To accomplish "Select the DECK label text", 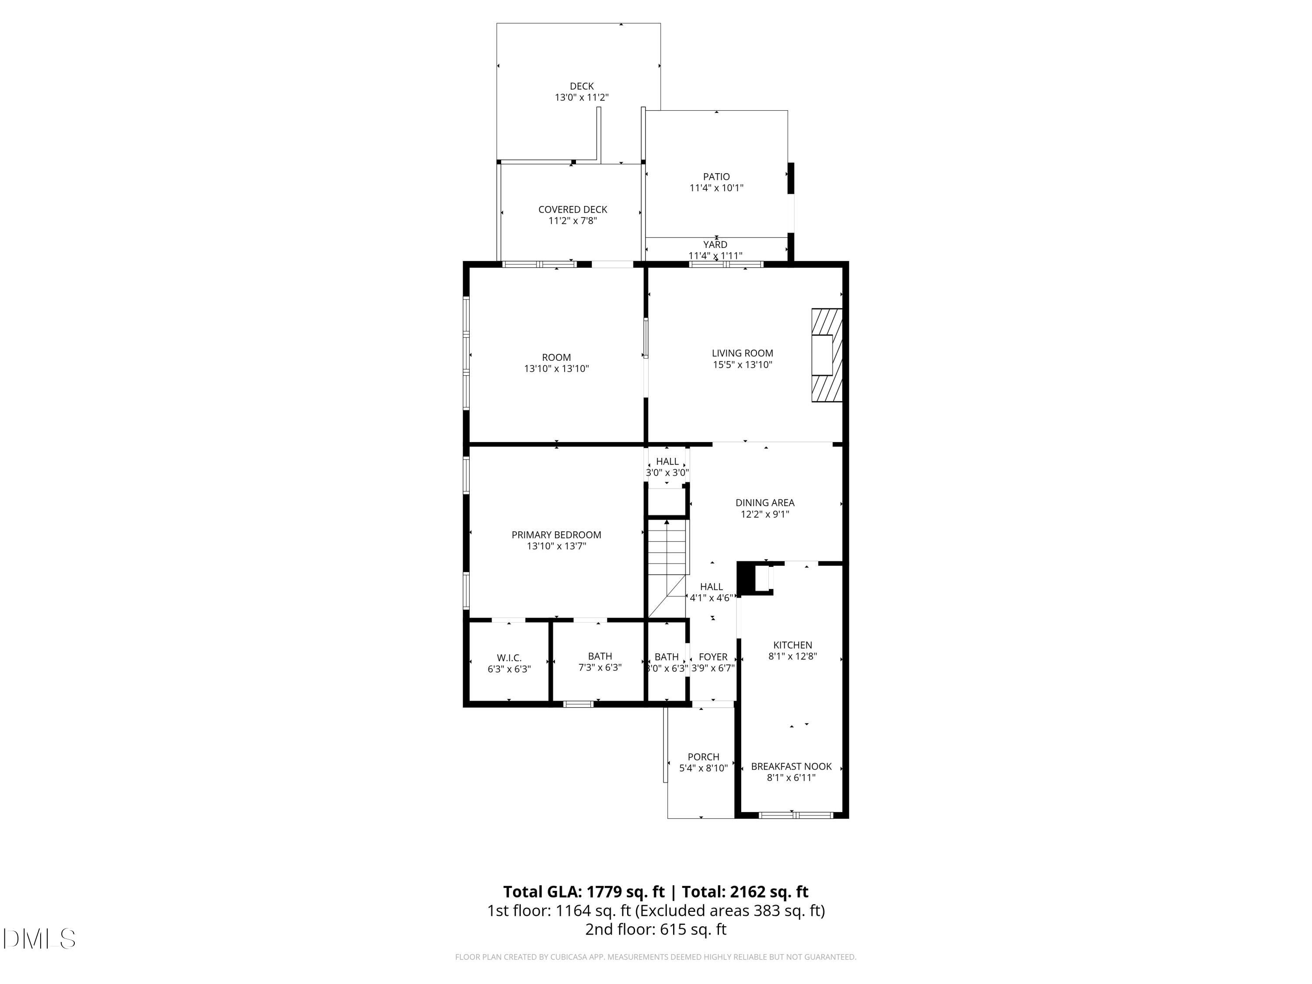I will pyautogui.click(x=581, y=87).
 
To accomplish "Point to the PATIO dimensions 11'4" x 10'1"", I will pyautogui.click(x=716, y=188).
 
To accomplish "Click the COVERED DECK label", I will pyautogui.click(x=572, y=209).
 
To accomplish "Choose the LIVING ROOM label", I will pyautogui.click(x=742, y=353).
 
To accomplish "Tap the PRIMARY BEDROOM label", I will pyautogui.click(x=556, y=535).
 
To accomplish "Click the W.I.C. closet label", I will pyautogui.click(x=509, y=658).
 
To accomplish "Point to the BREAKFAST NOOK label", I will pyautogui.click(x=791, y=766).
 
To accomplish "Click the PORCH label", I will pyautogui.click(x=703, y=757).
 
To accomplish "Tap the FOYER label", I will pyautogui.click(x=713, y=657).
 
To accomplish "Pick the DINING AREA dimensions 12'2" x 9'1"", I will pyautogui.click(x=764, y=514).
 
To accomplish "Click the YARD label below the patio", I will pyautogui.click(x=715, y=245).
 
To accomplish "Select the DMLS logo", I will pyautogui.click(x=39, y=939).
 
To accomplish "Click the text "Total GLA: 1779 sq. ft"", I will pyautogui.click(x=584, y=892).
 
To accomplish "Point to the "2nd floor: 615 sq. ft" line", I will pyautogui.click(x=656, y=929).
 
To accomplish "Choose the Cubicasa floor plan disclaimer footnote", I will pyautogui.click(x=656, y=957).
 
